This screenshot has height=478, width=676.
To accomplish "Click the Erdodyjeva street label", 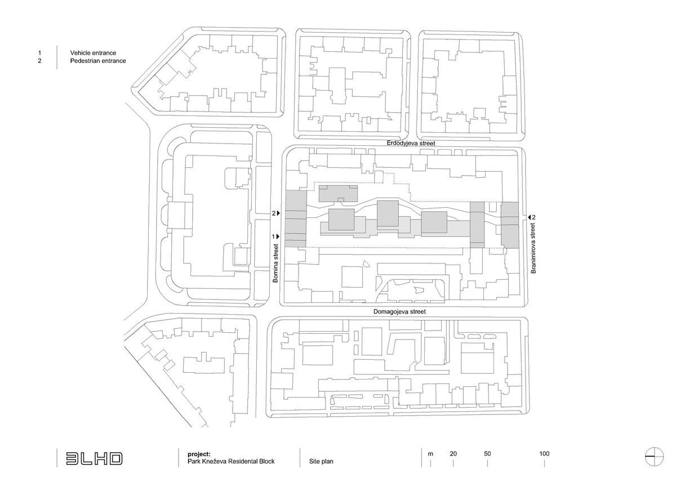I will [x=411, y=144].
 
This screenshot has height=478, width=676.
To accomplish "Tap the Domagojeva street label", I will [x=399, y=311].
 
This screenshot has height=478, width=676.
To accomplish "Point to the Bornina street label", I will [x=276, y=263].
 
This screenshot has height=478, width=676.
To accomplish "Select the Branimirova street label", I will [x=532, y=248].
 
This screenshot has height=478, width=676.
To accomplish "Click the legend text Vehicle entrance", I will [x=93, y=52].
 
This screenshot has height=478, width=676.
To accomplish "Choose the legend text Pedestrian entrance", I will [x=97, y=61].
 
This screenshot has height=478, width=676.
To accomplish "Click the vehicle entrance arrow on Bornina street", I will [x=278, y=236].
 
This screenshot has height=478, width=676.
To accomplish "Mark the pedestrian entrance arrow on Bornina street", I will [x=278, y=213].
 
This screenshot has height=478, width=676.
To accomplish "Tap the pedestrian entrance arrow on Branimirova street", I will [x=529, y=217].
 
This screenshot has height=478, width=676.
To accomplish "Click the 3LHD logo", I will [x=94, y=458].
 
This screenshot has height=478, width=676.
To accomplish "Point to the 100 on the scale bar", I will [x=544, y=454].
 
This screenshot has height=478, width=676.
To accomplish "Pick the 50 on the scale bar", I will [x=488, y=454].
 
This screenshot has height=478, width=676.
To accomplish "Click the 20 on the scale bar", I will [x=453, y=454].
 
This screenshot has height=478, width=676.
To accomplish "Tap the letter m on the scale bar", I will [x=430, y=454].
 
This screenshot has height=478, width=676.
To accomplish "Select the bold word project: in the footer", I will [x=199, y=454].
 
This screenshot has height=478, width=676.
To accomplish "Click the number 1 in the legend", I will [x=40, y=52].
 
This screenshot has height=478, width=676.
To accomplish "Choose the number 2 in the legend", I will [x=40, y=61].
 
